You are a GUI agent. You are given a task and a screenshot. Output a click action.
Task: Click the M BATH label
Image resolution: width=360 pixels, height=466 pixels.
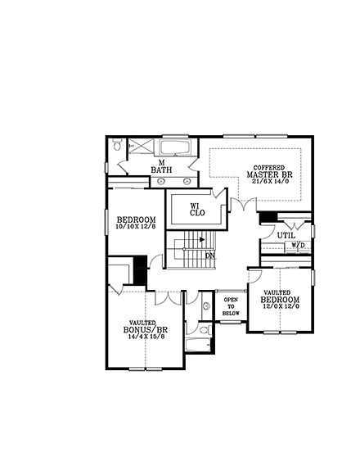[x=161, y=166]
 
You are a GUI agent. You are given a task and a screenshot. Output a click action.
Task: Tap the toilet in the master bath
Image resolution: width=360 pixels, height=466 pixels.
[x=119, y=147]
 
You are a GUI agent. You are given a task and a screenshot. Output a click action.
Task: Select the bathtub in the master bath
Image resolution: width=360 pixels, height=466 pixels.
[x=175, y=148]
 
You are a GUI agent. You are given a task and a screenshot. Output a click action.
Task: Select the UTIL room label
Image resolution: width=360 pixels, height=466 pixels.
[x=286, y=234]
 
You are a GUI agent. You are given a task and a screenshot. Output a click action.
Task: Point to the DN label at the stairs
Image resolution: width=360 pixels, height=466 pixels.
[x=210, y=256]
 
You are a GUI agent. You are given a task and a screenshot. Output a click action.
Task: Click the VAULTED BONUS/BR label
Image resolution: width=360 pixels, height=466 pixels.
[x=143, y=328]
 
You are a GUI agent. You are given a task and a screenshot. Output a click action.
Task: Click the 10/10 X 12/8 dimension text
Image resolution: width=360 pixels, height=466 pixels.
[x=135, y=226]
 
